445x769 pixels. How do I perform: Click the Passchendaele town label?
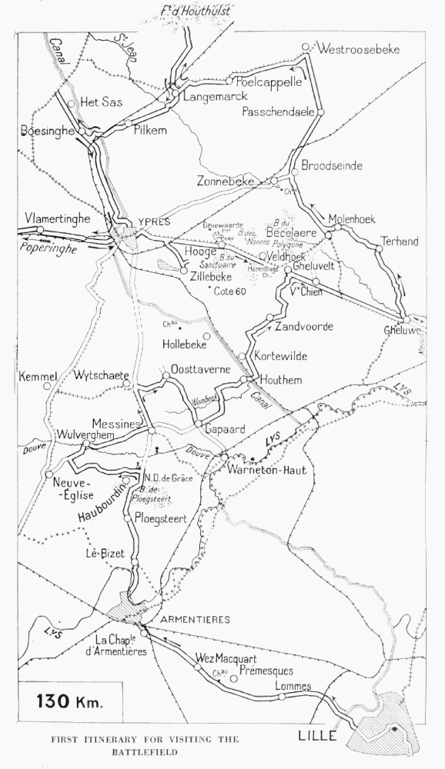[278, 112]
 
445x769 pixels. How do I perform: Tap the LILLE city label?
[317, 736]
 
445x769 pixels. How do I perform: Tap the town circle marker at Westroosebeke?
[306, 46]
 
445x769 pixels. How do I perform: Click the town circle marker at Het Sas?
[71, 102]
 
